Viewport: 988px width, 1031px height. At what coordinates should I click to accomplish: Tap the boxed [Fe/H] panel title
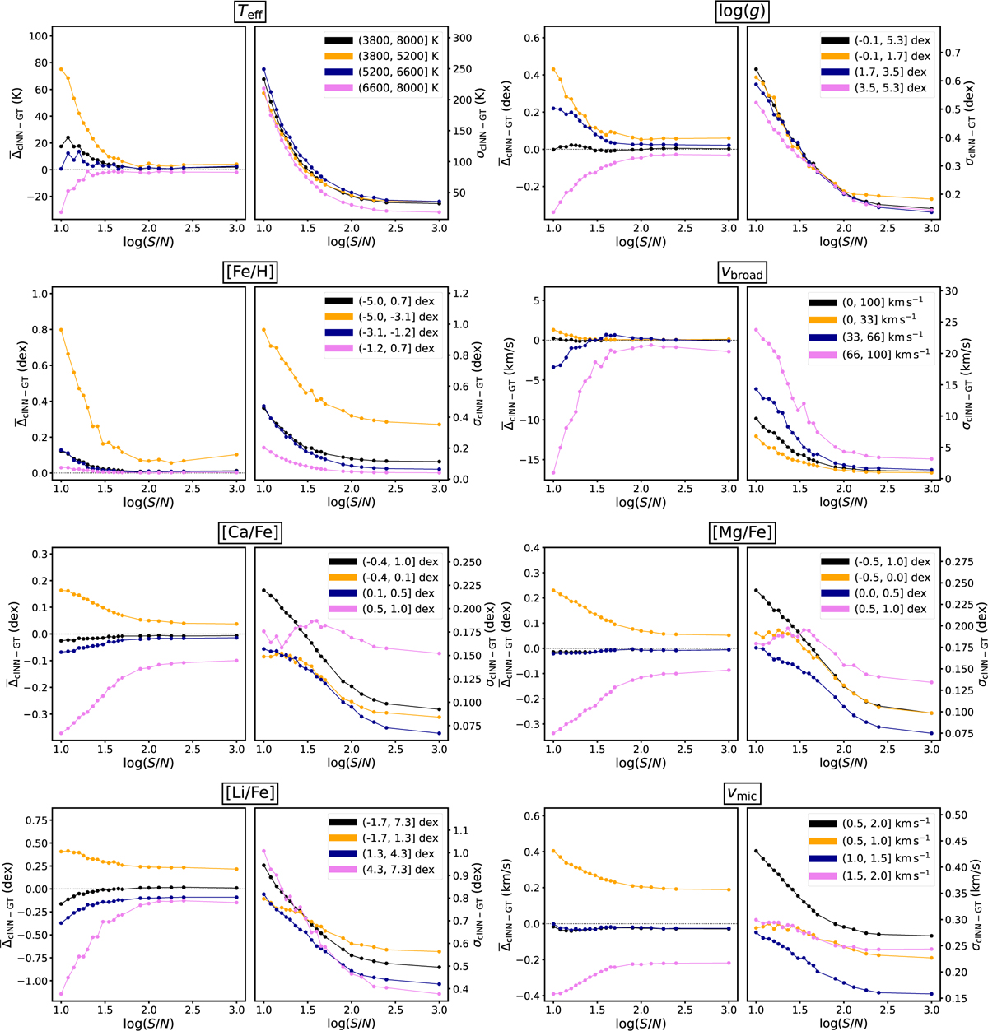click(249, 272)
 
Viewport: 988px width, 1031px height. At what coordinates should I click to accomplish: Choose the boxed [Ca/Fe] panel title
click(249, 532)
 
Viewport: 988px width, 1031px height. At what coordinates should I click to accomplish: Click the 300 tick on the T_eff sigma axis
click(464, 39)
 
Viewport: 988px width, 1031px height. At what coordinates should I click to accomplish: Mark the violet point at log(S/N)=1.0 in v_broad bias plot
click(553, 473)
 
